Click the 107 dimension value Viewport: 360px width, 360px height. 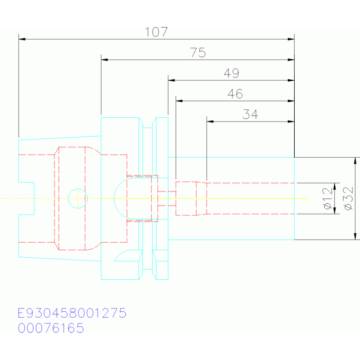coord(156,32)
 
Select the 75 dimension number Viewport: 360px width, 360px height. coord(198,53)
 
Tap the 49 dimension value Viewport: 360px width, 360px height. coord(231,73)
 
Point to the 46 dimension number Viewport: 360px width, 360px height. coord(235,94)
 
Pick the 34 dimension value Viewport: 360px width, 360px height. coord(250,114)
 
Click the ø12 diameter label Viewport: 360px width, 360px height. coord(328,199)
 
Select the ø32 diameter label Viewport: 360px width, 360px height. coord(348,199)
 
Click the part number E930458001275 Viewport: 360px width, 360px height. coord(72,313)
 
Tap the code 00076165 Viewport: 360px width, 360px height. coord(51,328)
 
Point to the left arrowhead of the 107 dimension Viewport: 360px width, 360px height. coord(22,39)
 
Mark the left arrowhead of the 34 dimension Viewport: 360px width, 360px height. coord(210,122)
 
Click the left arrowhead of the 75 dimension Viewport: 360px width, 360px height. coord(105,60)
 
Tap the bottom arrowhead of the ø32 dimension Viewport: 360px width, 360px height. coord(355,236)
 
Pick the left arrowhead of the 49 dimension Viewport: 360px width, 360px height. coord(171,80)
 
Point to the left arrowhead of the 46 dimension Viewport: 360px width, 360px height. coord(179,101)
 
